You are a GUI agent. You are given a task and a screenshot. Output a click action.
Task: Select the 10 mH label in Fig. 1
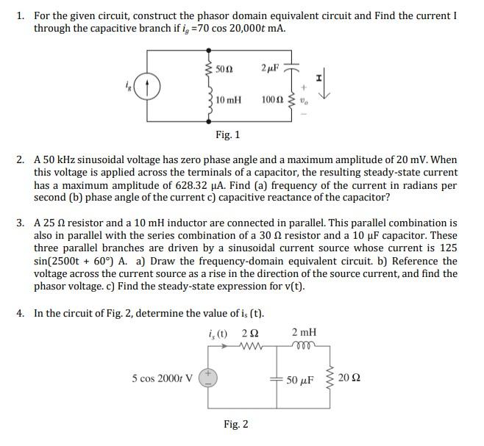(229, 99)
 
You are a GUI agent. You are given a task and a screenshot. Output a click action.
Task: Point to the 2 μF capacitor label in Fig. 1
(270, 68)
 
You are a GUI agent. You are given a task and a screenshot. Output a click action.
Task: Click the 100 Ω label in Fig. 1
(271, 99)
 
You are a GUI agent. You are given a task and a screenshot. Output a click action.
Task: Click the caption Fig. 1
(227, 134)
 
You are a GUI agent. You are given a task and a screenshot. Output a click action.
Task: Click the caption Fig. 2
(235, 424)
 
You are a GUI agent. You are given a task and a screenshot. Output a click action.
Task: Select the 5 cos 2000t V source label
(163, 379)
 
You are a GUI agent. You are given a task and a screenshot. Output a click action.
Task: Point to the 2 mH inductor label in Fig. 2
(305, 333)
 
